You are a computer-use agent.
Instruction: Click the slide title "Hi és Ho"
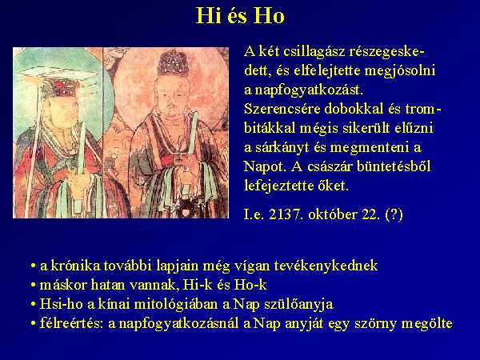click(x=240, y=16)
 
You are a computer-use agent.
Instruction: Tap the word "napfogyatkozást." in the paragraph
click(x=309, y=90)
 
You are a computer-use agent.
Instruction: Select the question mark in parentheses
click(x=394, y=214)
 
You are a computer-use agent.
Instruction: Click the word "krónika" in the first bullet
click(x=75, y=266)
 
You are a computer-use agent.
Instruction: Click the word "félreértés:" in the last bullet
click(x=72, y=323)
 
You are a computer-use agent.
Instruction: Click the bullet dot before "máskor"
click(x=33, y=286)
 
